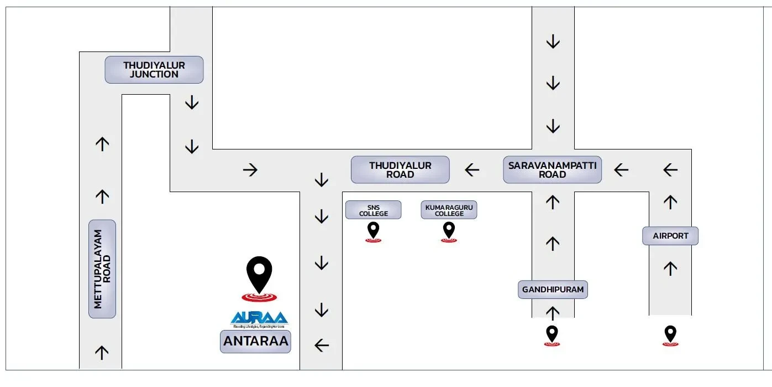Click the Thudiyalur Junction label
tap(154, 70)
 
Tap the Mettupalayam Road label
tap(102, 269)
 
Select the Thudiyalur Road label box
tap(400, 170)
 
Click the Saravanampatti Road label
tap(552, 170)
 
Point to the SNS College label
tap(374, 210)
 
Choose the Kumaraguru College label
tap(449, 210)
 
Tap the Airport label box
tap(670, 236)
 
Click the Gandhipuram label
tap(553, 290)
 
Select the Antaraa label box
tap(255, 342)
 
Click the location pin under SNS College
tap(374, 231)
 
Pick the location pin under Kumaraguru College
tap(449, 231)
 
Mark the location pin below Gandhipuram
tap(552, 336)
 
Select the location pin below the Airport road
tap(670, 336)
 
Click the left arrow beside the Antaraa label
tap(322, 346)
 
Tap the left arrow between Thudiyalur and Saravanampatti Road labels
tap(472, 169)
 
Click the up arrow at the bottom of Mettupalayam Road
tap(102, 353)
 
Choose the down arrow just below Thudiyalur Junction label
tap(192, 102)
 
